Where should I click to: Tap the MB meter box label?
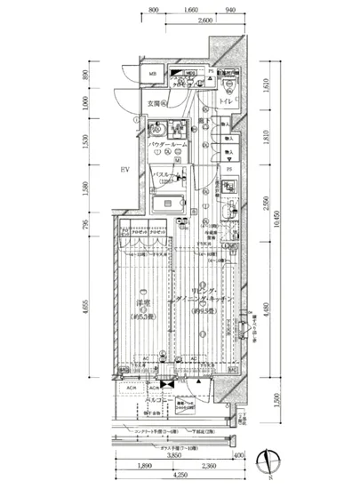coord(152,74)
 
